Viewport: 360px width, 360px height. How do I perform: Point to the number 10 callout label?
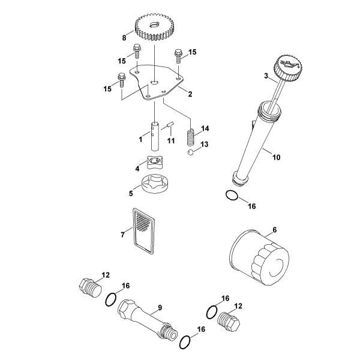point(276,158)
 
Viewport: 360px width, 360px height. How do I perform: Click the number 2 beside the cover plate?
point(190,94)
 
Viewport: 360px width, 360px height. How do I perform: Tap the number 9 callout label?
point(160,308)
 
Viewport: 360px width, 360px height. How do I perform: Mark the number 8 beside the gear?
point(125,37)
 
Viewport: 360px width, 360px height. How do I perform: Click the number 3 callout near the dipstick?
point(265,75)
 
